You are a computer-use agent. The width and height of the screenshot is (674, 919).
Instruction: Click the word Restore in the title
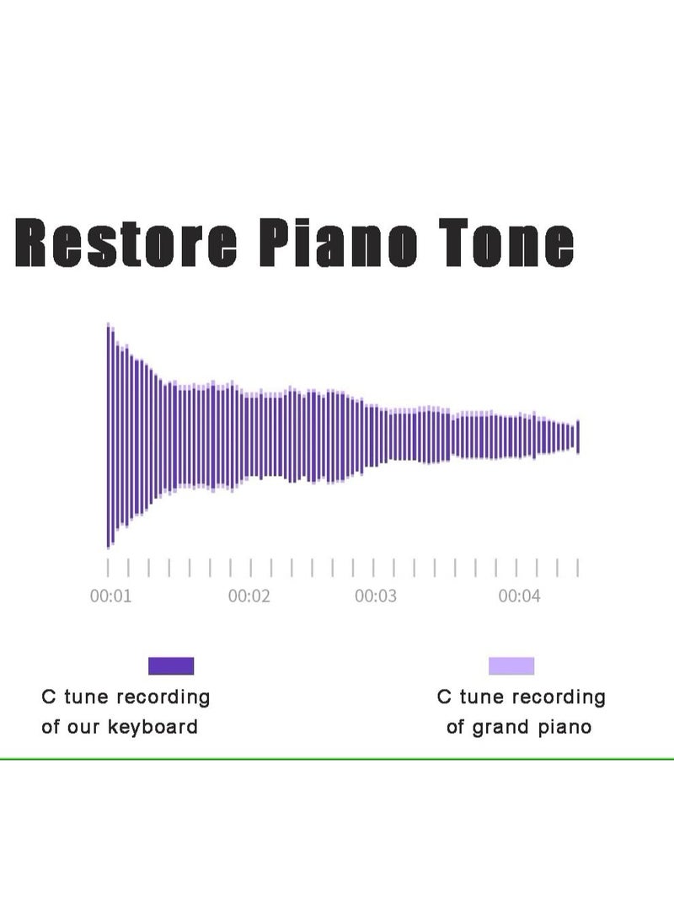(126, 242)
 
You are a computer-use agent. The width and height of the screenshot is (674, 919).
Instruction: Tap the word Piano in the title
(338, 242)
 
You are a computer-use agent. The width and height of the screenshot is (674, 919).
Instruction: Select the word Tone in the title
(506, 242)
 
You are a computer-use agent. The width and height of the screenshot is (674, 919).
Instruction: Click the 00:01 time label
(110, 596)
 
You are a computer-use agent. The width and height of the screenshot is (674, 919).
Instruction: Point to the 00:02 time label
(249, 596)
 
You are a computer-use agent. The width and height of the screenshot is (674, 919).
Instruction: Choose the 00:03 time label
(376, 596)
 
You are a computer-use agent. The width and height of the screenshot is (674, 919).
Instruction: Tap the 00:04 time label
(519, 596)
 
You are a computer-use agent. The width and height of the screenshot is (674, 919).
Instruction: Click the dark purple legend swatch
(171, 665)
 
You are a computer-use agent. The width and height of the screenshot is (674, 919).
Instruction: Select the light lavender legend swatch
(511, 665)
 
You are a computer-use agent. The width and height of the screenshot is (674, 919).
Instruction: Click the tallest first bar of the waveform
(109, 435)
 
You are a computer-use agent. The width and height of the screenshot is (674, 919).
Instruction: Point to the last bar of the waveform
(578, 436)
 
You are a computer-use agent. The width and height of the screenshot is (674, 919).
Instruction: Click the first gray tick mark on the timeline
(108, 568)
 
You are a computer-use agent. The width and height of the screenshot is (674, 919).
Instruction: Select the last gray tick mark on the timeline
(578, 568)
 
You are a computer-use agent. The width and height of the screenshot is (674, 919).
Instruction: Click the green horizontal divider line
(337, 759)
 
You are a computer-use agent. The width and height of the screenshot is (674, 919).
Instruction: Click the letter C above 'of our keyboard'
(49, 697)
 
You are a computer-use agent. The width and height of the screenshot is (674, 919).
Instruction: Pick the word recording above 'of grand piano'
(562, 697)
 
